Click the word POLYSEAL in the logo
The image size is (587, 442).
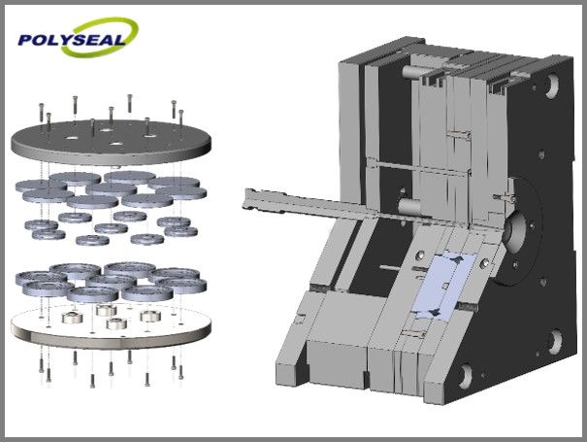point(71,40)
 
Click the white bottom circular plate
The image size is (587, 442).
point(111,325)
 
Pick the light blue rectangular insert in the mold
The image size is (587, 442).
point(444,286)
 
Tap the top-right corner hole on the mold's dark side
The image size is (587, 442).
point(551,85)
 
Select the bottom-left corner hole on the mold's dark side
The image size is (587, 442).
point(466,376)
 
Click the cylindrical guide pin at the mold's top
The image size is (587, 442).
point(411,71)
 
